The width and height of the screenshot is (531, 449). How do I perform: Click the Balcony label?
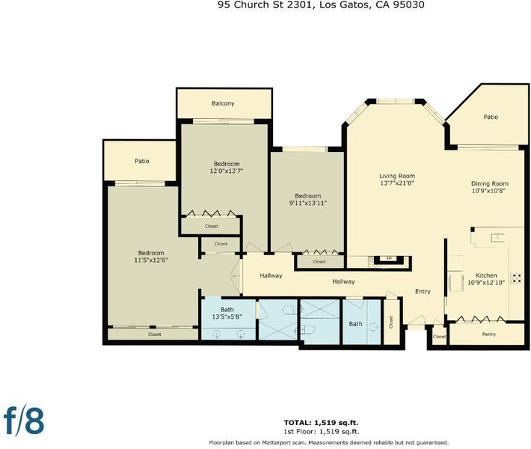(223, 103)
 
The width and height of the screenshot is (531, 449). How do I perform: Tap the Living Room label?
(397, 176)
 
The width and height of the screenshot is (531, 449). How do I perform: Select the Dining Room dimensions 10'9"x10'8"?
(488, 191)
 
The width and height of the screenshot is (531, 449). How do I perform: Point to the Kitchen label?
(486, 275)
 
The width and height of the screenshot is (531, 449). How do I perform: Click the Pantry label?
(489, 334)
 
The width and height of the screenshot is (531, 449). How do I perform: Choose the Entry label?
(423, 291)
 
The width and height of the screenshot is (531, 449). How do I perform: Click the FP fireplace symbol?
(389, 259)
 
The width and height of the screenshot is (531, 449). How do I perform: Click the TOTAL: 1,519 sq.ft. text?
(321, 423)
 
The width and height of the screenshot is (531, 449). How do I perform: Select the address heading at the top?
(321, 4)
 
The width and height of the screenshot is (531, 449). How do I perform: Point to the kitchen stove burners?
(517, 278)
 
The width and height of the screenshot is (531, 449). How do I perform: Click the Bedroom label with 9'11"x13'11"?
(308, 196)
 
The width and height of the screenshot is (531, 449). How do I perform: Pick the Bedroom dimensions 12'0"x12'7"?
(227, 171)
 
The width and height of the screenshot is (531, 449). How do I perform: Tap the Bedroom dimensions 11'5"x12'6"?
(151, 260)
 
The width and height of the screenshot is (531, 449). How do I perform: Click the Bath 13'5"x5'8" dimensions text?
(227, 317)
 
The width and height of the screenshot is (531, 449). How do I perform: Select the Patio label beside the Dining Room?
(491, 117)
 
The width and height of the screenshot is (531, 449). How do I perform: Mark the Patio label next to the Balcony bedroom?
(142, 161)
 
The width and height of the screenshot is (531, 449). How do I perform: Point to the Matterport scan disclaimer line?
(328, 442)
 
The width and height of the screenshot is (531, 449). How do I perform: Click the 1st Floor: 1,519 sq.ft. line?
(321, 432)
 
